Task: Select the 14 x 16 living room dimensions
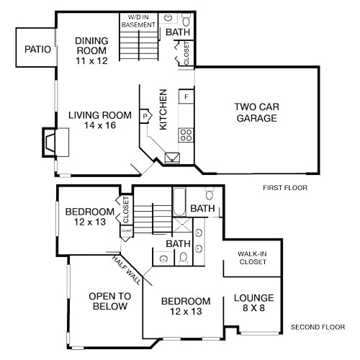coord(100,125)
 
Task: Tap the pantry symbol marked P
coord(145,114)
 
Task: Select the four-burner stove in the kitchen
coord(186,134)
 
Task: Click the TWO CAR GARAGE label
coord(256,112)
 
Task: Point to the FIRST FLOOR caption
coord(285,188)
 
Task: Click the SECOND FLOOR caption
coord(318,328)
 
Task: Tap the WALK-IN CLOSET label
coord(252,258)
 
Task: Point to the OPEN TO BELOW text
coord(108,301)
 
